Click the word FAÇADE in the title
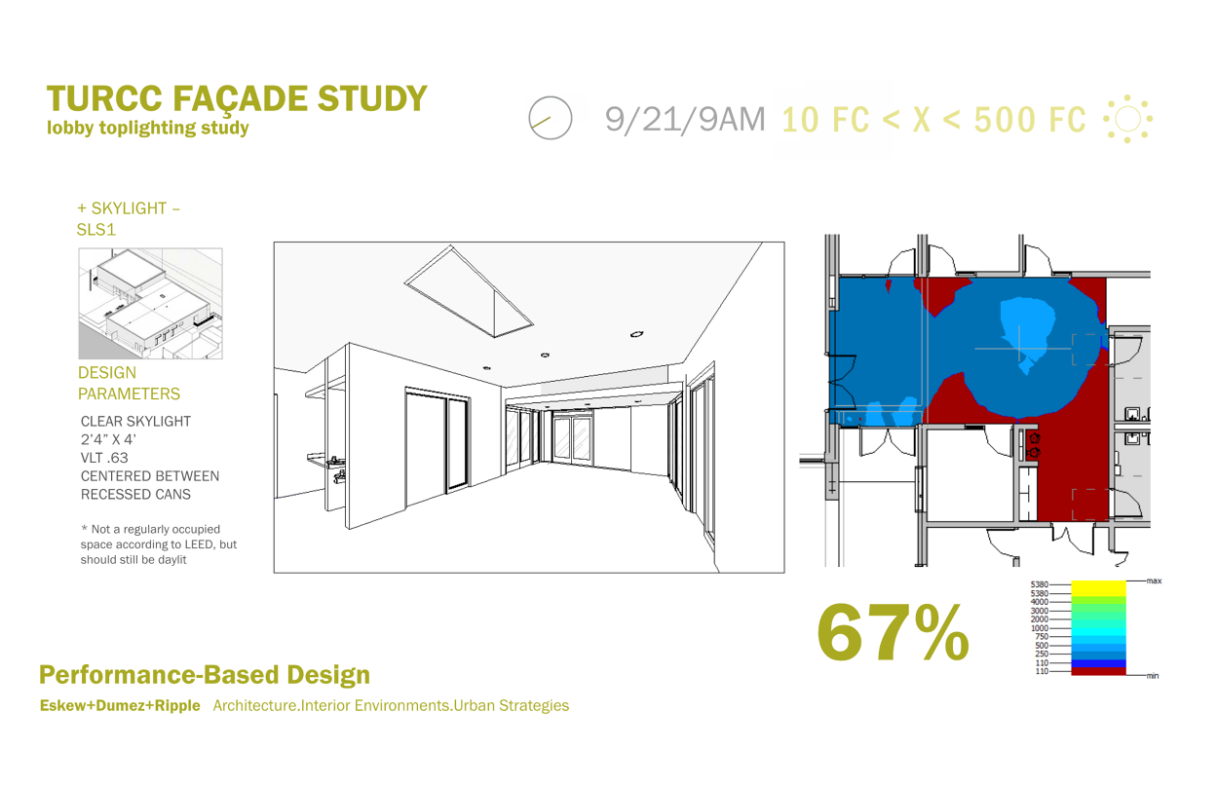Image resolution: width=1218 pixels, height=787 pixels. [240, 99]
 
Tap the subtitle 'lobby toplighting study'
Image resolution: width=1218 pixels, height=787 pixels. [148, 128]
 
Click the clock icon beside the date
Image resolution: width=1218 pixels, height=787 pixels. [551, 118]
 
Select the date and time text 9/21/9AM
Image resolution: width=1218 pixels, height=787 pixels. [685, 119]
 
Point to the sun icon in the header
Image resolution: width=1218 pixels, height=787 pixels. [1127, 119]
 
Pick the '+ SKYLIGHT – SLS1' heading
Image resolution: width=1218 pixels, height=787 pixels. [129, 218]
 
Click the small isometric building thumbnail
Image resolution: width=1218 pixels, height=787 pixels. [151, 303]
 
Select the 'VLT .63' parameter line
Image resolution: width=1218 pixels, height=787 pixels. [104, 458]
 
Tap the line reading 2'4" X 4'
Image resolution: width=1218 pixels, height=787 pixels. [108, 439]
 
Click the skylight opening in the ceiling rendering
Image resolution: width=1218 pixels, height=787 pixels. [469, 291]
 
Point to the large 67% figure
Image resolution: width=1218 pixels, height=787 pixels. [893, 632]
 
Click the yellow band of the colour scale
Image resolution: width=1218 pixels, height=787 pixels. [1098, 588]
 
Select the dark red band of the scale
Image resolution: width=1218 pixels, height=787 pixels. [1098, 671]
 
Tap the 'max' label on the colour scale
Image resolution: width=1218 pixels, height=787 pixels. [1154, 581]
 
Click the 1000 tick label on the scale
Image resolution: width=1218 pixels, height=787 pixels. [1039, 628]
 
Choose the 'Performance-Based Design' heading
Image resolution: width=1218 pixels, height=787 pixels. [205, 674]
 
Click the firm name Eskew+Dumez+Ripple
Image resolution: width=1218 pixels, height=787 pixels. [120, 705]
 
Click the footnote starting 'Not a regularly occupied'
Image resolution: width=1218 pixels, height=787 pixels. [159, 544]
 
